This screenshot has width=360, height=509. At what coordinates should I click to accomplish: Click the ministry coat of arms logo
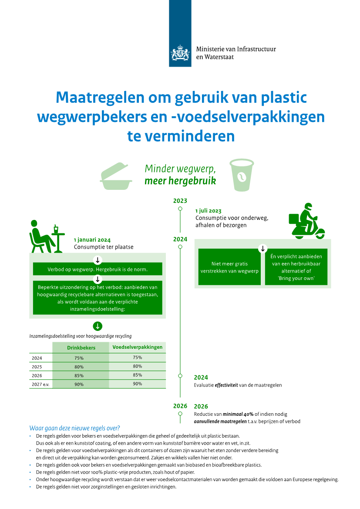tap(180, 53)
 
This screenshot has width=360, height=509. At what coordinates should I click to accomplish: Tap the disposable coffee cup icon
tap(242, 175)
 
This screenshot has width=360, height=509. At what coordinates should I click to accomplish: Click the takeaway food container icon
tap(116, 176)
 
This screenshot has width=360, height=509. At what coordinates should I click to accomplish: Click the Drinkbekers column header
tap(81, 347)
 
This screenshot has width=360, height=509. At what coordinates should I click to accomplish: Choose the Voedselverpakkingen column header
tap(137, 347)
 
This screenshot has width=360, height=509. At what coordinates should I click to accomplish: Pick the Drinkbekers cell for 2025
tap(79, 367)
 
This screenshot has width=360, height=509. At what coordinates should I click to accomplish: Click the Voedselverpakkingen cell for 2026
tap(137, 375)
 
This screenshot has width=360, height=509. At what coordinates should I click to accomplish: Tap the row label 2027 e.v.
tap(40, 384)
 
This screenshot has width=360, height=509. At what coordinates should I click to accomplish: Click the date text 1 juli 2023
tap(209, 211)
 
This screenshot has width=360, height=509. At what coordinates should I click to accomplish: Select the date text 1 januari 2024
tap(92, 240)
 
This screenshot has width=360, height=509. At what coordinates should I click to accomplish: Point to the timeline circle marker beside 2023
tap(180, 209)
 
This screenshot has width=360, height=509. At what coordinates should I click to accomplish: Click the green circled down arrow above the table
tap(98, 326)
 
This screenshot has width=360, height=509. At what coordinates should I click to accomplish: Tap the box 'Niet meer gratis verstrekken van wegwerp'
tap(229, 267)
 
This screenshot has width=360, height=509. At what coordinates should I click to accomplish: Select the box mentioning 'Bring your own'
tap(296, 267)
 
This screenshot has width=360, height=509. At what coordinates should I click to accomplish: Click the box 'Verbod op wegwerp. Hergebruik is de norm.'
tap(98, 269)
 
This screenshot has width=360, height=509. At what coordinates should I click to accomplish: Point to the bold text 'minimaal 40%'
tap(238, 414)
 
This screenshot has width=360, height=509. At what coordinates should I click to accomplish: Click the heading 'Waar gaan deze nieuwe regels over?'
tap(75, 428)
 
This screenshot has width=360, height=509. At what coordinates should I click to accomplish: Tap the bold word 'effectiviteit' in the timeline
tap(226, 385)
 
